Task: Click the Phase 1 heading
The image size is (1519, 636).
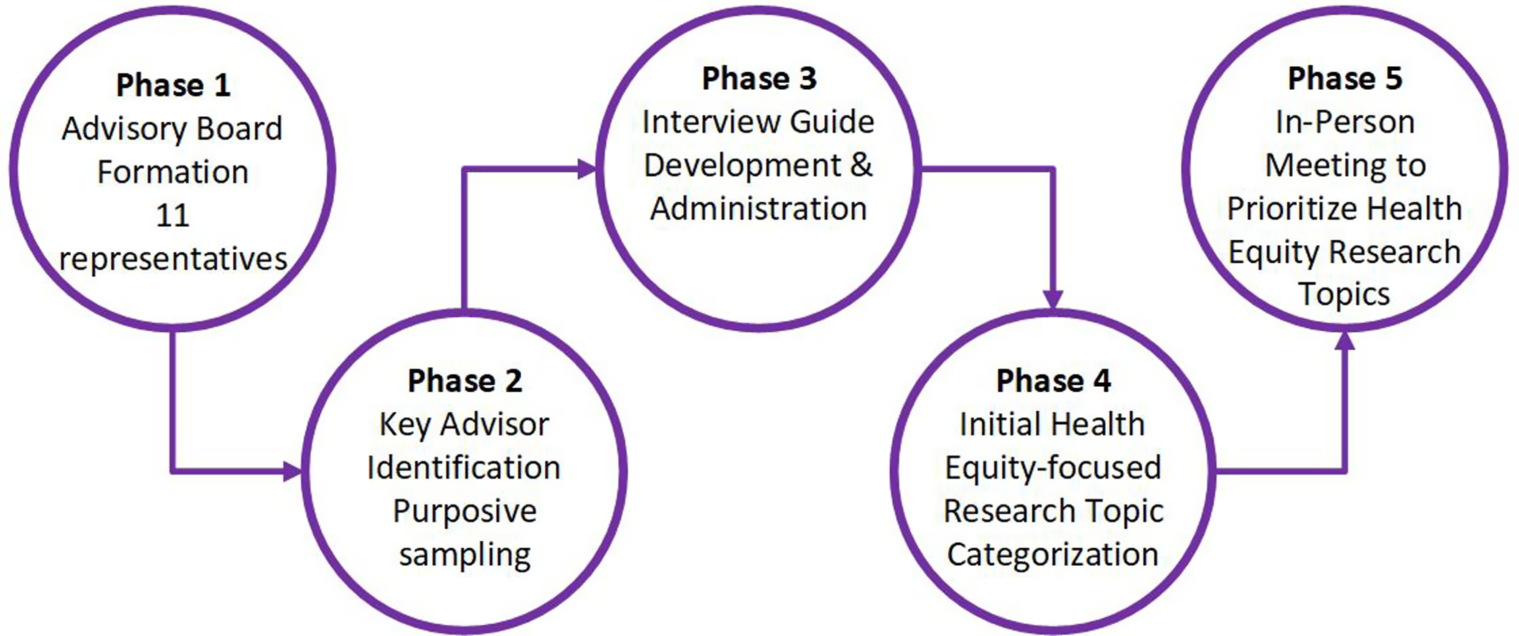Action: click(x=173, y=85)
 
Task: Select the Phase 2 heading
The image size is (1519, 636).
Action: click(x=464, y=381)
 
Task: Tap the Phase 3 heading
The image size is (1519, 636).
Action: click(x=759, y=78)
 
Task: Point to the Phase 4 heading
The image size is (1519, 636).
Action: click(x=1053, y=381)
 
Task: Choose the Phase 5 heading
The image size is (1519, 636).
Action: click(x=1345, y=78)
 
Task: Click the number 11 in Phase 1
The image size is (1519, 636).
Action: click(x=173, y=215)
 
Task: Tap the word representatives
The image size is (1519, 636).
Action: click(x=173, y=259)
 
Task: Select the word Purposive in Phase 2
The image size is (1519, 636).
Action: click(x=464, y=511)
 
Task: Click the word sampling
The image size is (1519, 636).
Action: click(x=464, y=555)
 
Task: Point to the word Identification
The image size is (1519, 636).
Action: click(x=464, y=468)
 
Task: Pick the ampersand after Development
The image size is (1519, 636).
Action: click(x=861, y=165)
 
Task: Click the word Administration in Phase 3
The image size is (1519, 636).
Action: click(x=759, y=209)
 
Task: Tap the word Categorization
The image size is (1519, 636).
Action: click(x=1052, y=554)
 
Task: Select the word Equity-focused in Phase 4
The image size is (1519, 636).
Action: click(x=1052, y=468)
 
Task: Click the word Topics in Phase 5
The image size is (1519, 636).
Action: click(x=1344, y=294)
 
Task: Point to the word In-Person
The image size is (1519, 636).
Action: click(x=1345, y=122)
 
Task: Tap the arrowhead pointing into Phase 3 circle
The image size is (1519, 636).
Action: click(x=587, y=169)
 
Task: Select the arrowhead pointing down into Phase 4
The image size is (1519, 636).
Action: click(x=1053, y=299)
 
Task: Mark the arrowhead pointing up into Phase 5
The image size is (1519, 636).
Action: click(x=1345, y=341)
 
